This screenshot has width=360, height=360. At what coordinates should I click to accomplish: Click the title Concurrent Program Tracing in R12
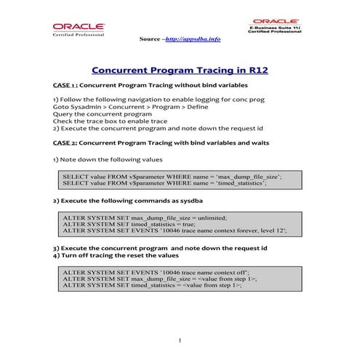point(180,71)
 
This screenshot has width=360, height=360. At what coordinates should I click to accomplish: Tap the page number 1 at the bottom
point(180,340)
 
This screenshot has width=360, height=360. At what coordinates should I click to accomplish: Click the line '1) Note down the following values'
point(108,159)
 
